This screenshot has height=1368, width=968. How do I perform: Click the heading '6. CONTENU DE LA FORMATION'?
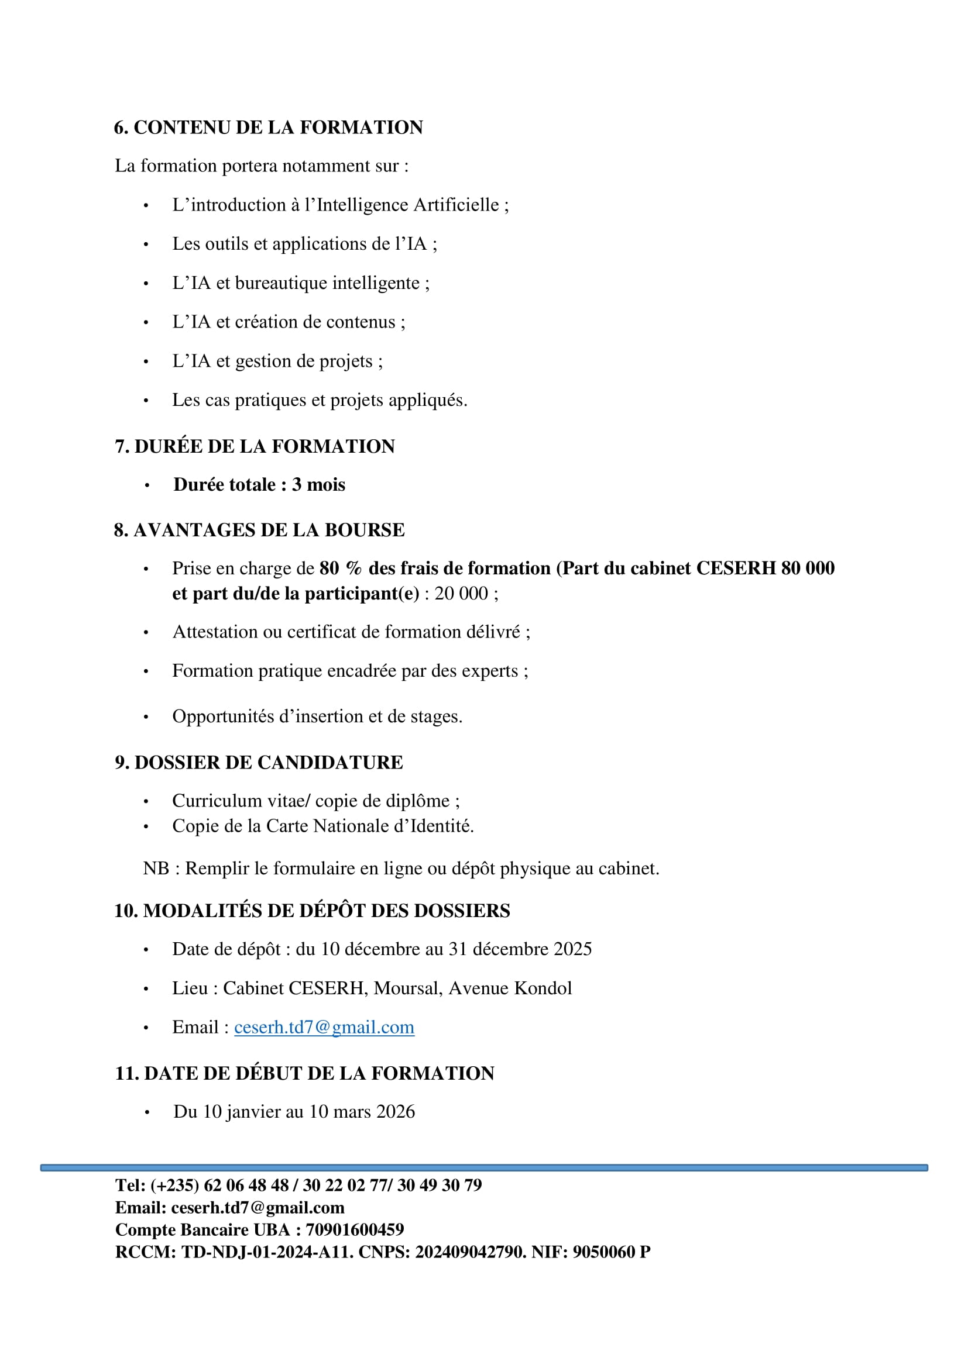(268, 128)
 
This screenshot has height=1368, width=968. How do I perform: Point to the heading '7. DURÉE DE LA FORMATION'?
(255, 446)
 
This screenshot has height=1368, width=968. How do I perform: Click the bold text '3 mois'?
(318, 484)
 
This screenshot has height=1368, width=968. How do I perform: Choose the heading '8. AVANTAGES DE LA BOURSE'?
(259, 530)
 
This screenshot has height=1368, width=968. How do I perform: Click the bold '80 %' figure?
(341, 568)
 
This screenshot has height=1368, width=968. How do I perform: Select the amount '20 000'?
(461, 594)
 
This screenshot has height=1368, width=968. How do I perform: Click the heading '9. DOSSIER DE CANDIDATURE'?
(259, 762)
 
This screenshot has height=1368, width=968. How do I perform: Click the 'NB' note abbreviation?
(156, 868)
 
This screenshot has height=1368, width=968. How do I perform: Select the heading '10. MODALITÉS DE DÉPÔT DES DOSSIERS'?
(312, 911)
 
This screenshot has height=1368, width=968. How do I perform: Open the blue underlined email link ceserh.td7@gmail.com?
(324, 1027)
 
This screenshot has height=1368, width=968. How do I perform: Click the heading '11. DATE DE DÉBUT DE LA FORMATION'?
(304, 1073)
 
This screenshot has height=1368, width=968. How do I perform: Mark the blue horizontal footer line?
(484, 1168)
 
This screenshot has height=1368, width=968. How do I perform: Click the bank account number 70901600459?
(355, 1229)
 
